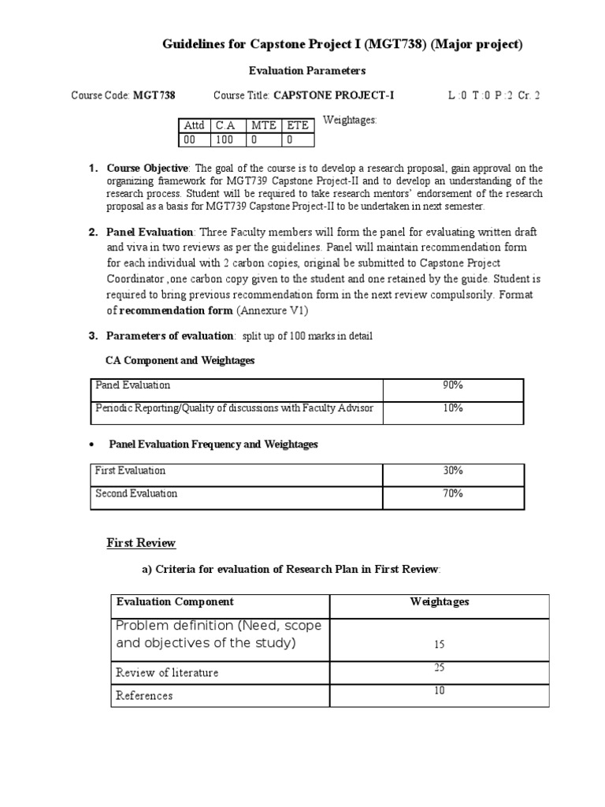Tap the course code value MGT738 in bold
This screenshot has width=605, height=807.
[154, 96]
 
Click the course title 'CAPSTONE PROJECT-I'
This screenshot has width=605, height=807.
[333, 96]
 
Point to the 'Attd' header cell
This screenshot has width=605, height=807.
[193, 125]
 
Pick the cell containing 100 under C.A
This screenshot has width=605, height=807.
[224, 139]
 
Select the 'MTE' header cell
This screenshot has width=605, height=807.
[262, 125]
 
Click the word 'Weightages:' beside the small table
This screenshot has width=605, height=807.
[351, 121]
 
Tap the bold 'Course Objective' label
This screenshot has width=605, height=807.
[147, 169]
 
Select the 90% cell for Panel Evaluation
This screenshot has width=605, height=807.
[453, 385]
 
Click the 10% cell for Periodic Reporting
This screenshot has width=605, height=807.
[453, 408]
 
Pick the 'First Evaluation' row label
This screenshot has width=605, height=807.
[130, 470]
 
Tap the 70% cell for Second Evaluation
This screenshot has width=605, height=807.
[453, 493]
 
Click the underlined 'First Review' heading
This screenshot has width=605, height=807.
[141, 543]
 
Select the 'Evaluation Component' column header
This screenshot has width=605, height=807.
[175, 601]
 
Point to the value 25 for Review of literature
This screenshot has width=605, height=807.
[439, 668]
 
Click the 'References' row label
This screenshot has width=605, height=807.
[144, 696]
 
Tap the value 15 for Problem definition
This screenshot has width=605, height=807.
[439, 644]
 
